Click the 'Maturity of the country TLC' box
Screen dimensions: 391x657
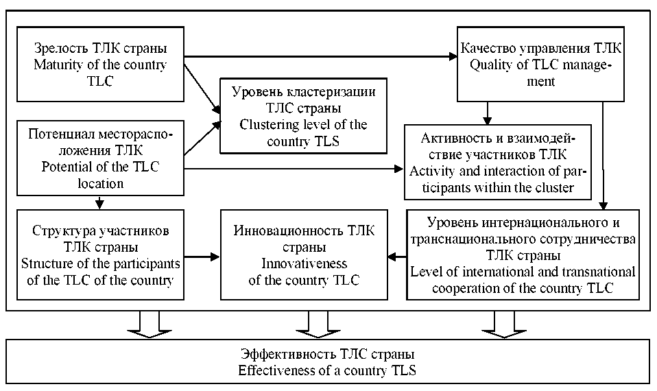point(101,64)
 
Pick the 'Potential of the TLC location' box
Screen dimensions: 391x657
point(101,157)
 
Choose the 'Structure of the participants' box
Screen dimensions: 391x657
point(101,254)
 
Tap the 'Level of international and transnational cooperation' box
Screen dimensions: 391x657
point(523,254)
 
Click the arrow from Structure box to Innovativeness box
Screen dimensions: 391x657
point(203,257)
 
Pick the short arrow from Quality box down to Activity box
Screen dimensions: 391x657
point(488,112)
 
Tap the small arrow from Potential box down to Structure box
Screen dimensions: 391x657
point(100,202)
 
